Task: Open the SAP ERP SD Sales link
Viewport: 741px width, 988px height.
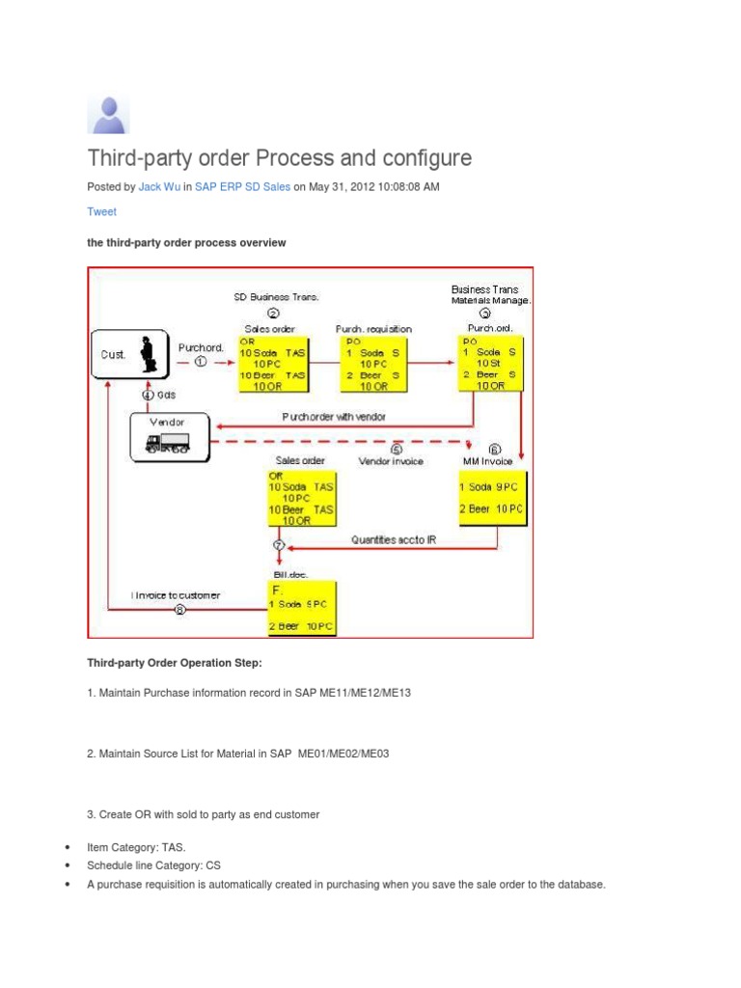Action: [x=235, y=187]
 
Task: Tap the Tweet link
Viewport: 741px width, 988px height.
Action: [x=101, y=212]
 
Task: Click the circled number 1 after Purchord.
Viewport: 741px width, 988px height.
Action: [x=201, y=362]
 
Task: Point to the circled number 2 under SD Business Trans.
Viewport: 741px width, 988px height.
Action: [x=273, y=313]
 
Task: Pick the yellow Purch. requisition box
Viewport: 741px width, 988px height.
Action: [x=374, y=364]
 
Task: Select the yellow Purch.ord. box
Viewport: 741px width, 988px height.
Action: [x=493, y=364]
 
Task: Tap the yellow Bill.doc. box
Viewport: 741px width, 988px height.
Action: [x=302, y=607]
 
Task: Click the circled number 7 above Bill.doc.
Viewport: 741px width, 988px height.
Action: [x=280, y=545]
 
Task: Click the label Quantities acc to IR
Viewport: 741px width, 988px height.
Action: [x=394, y=540]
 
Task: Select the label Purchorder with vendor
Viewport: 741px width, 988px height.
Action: [x=333, y=417]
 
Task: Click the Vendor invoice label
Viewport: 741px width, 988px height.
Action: [x=392, y=462]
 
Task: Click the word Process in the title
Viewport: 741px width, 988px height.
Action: [x=295, y=158]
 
